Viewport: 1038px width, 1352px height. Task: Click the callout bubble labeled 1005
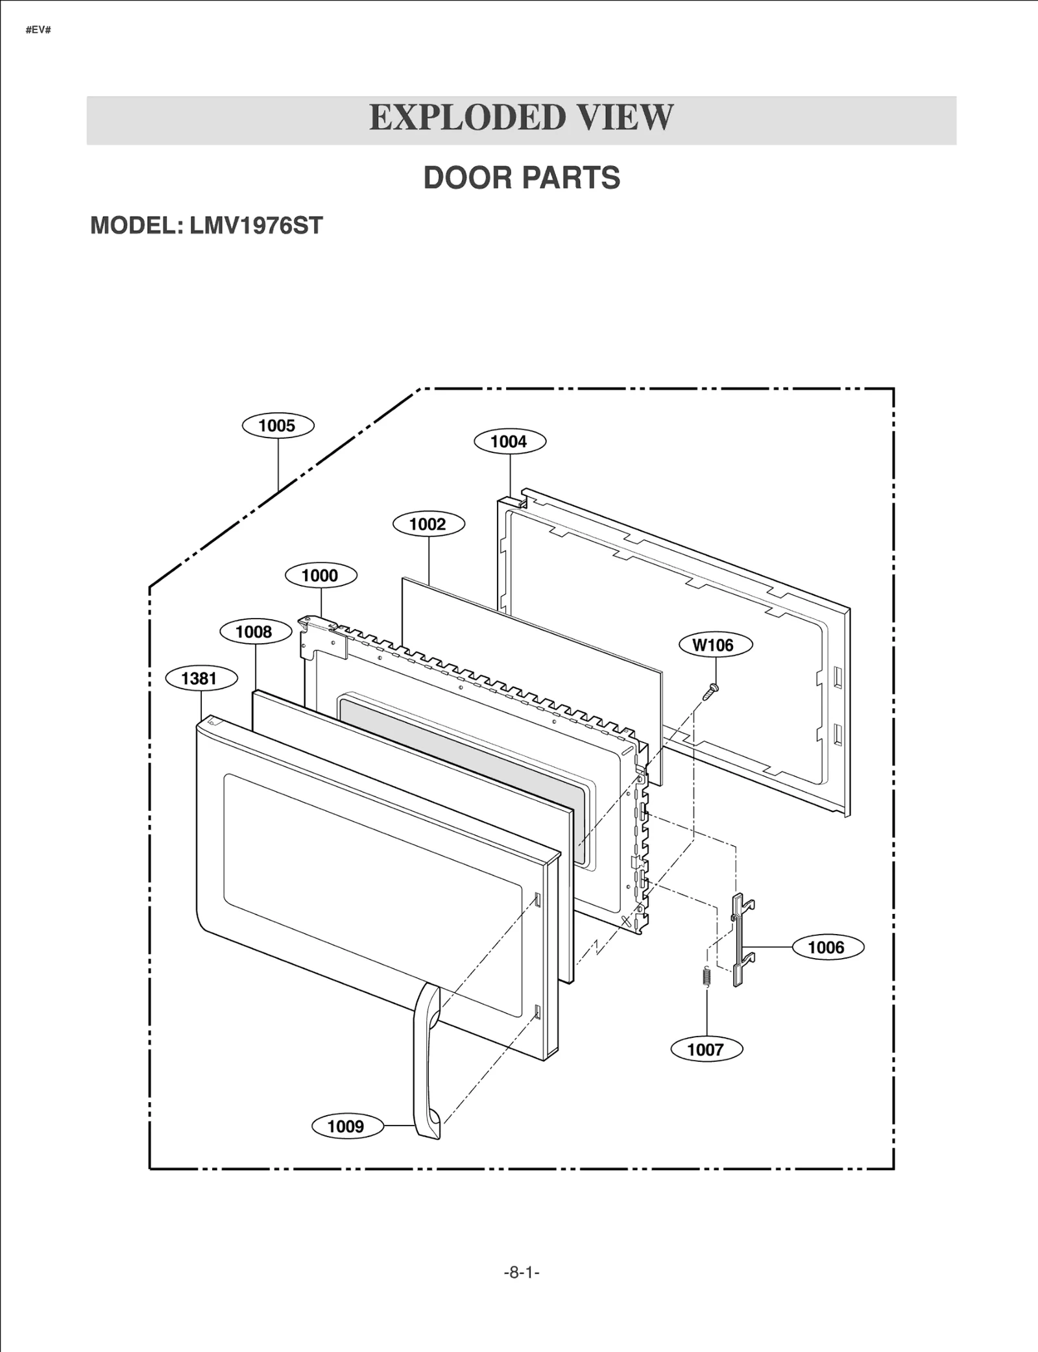click(x=278, y=426)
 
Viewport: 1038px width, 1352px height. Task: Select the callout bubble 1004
click(x=509, y=442)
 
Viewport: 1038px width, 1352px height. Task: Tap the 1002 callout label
click(x=428, y=524)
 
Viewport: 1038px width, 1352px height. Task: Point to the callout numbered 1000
click(x=320, y=576)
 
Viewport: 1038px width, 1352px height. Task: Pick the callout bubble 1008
click(x=255, y=632)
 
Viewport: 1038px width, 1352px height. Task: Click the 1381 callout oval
click(x=200, y=679)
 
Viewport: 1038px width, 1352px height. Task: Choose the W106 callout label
click(x=715, y=645)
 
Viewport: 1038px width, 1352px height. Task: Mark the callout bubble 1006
click(x=827, y=948)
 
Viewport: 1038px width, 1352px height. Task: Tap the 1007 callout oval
click(x=706, y=1050)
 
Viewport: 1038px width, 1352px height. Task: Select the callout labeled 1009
click(x=346, y=1126)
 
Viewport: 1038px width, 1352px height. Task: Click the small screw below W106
click(x=711, y=691)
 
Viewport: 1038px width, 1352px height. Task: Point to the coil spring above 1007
click(x=707, y=976)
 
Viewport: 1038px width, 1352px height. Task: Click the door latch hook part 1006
click(x=740, y=938)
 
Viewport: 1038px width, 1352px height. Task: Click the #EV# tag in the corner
click(x=38, y=31)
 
